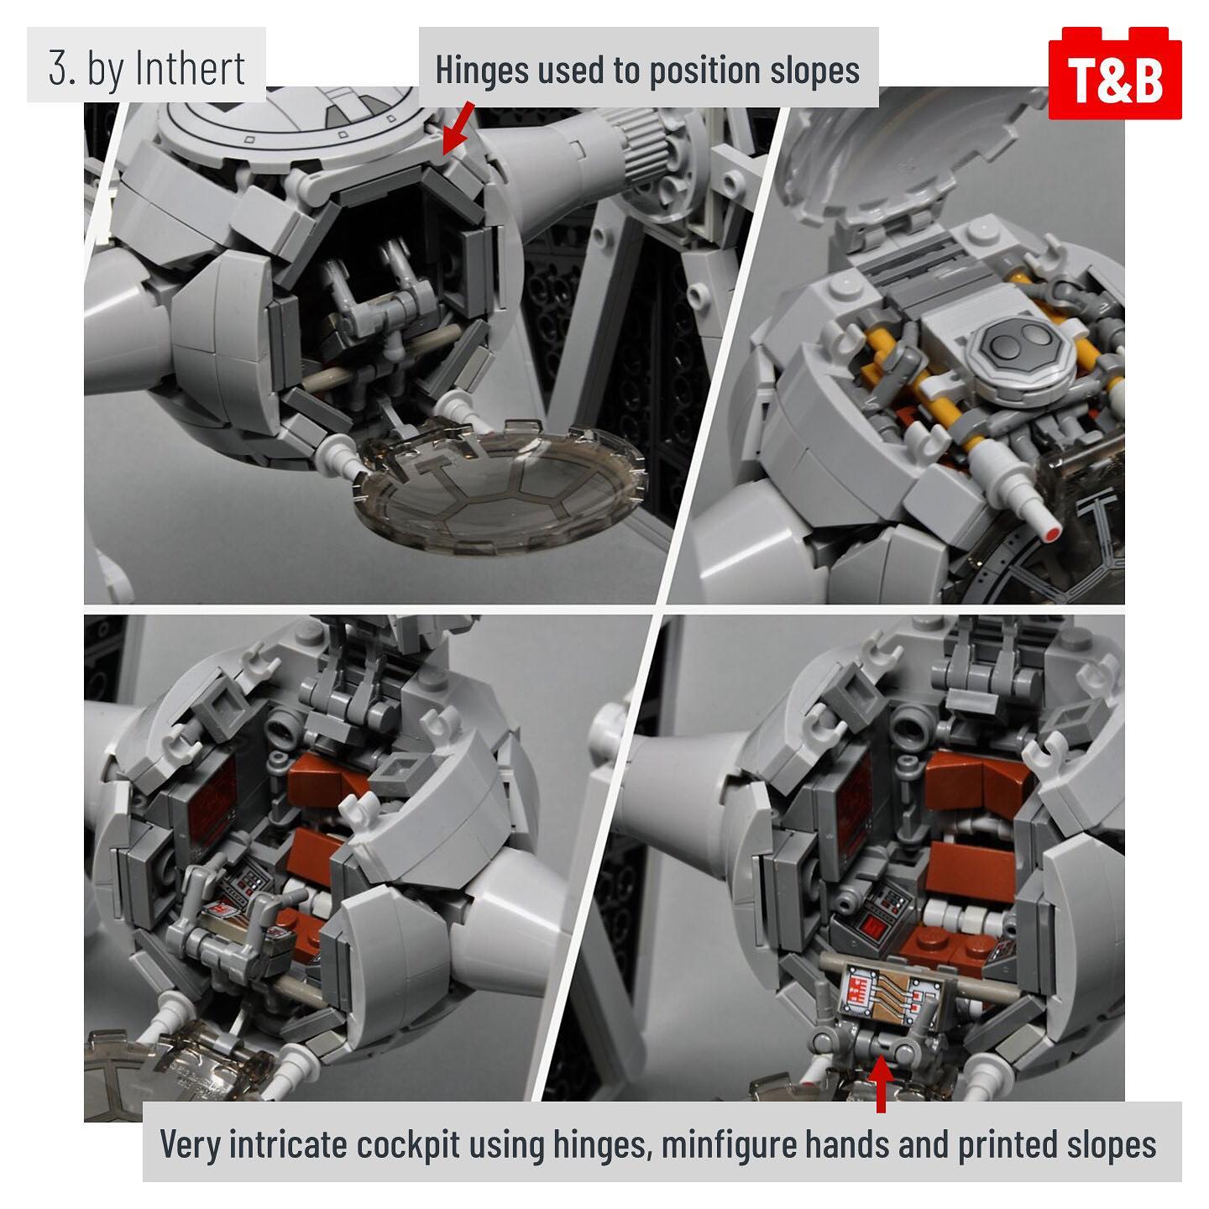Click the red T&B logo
(x=1115, y=73)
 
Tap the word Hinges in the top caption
(x=482, y=71)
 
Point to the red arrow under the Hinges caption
(x=457, y=127)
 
